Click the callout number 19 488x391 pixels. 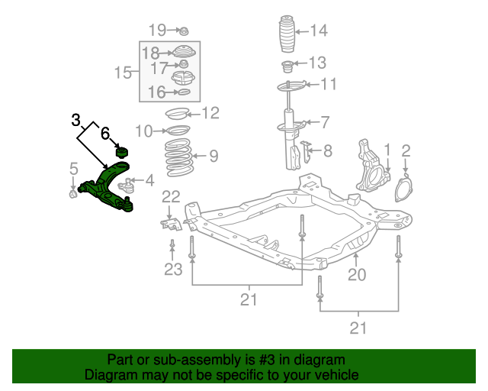(157, 31)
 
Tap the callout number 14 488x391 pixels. (318, 31)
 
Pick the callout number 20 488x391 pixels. (357, 274)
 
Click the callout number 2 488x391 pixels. (406, 150)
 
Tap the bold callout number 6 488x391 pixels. (105, 133)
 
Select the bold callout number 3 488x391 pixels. (75, 120)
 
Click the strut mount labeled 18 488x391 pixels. (182, 53)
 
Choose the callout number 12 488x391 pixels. (210, 114)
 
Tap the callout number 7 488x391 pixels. (325, 122)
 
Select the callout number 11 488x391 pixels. (328, 84)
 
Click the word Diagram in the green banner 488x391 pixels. (108, 375)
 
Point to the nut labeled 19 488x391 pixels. (183, 31)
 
